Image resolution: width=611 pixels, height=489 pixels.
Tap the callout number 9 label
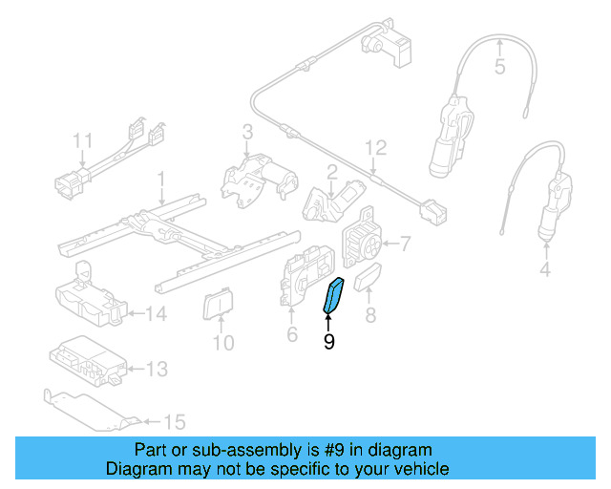[x=328, y=341]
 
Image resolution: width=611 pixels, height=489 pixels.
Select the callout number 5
[x=498, y=67]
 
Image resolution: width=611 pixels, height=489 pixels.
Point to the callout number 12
[x=376, y=147]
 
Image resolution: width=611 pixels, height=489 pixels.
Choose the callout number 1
[x=161, y=179]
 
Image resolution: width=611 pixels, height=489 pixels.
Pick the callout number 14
[x=157, y=312]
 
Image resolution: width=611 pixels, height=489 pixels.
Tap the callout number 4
[x=545, y=270]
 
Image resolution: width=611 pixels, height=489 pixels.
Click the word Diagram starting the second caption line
[x=137, y=469]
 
